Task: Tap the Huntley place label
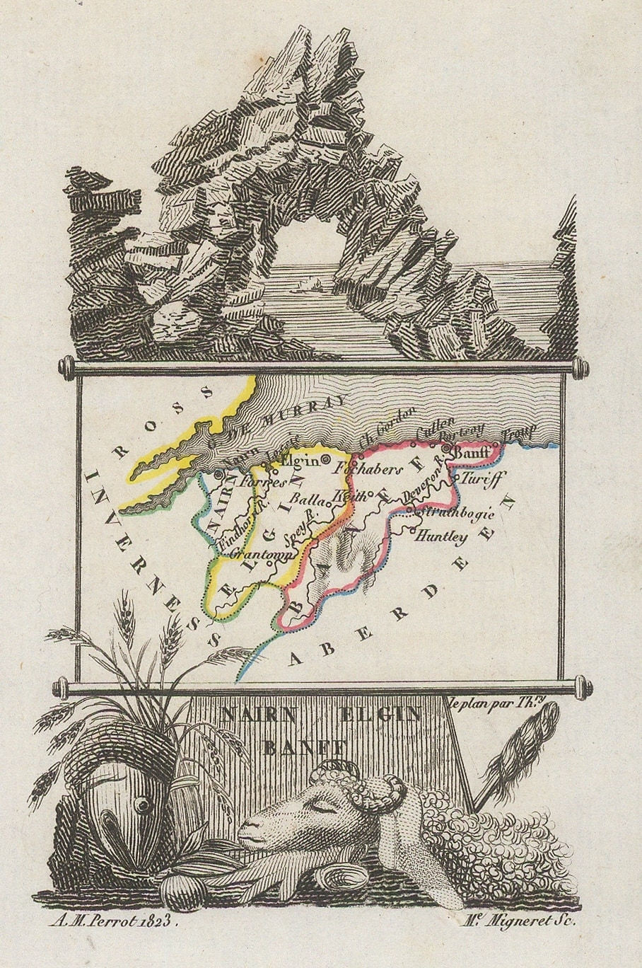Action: point(442,537)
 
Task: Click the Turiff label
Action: point(482,479)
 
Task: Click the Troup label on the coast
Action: point(520,432)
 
